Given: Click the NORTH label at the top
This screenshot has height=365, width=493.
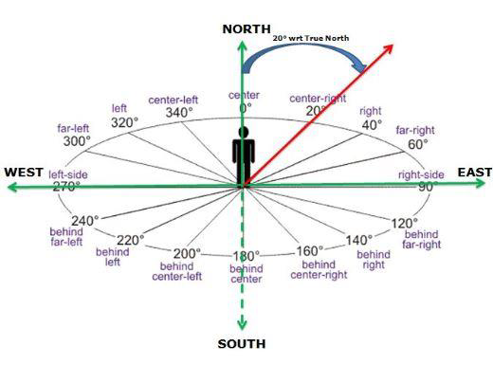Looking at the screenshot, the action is (x=246, y=29).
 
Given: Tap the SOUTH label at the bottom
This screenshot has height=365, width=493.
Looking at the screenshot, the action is (x=241, y=343).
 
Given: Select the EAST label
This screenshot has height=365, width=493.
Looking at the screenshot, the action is (x=475, y=172).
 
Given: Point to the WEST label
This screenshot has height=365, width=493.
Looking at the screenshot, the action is (x=24, y=172).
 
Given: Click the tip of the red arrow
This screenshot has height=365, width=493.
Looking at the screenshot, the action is (x=393, y=44).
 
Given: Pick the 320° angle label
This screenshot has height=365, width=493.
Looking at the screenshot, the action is (x=123, y=122).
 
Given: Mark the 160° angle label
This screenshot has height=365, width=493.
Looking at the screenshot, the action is (x=310, y=251).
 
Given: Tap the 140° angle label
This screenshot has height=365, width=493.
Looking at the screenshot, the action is (x=358, y=240).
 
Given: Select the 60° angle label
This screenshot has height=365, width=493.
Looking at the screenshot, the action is (x=414, y=144).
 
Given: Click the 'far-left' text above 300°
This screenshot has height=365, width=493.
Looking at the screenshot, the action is (x=74, y=128).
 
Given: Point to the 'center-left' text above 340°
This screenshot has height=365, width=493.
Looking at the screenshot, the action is (x=173, y=100).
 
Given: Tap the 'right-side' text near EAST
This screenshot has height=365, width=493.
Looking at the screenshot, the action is (x=421, y=174).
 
